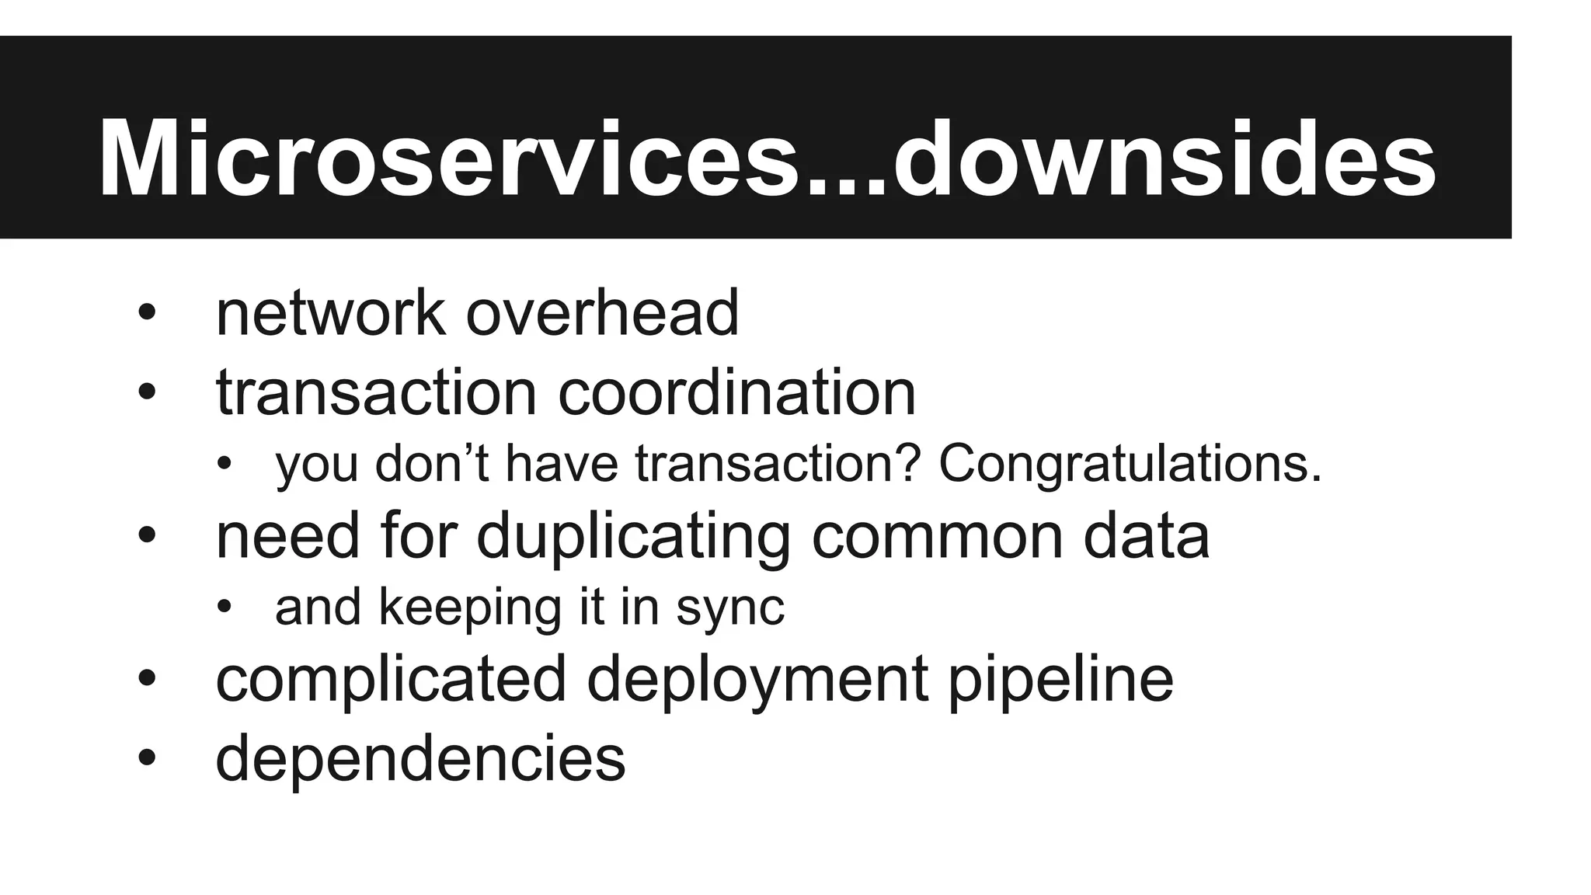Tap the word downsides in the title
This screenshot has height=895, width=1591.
point(1165,159)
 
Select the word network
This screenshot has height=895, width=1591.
point(330,313)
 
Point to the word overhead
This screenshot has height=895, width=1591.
point(602,313)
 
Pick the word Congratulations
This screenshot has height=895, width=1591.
point(1130,463)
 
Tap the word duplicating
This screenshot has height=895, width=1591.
point(632,536)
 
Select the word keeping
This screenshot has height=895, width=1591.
point(470,608)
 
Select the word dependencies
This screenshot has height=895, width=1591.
point(420,758)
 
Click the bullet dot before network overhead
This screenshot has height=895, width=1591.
point(147,314)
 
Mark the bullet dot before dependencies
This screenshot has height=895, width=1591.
point(147,758)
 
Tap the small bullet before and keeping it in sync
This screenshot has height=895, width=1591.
point(225,608)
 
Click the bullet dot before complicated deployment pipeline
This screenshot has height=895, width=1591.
point(147,679)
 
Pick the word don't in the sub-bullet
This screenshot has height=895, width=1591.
point(431,463)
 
